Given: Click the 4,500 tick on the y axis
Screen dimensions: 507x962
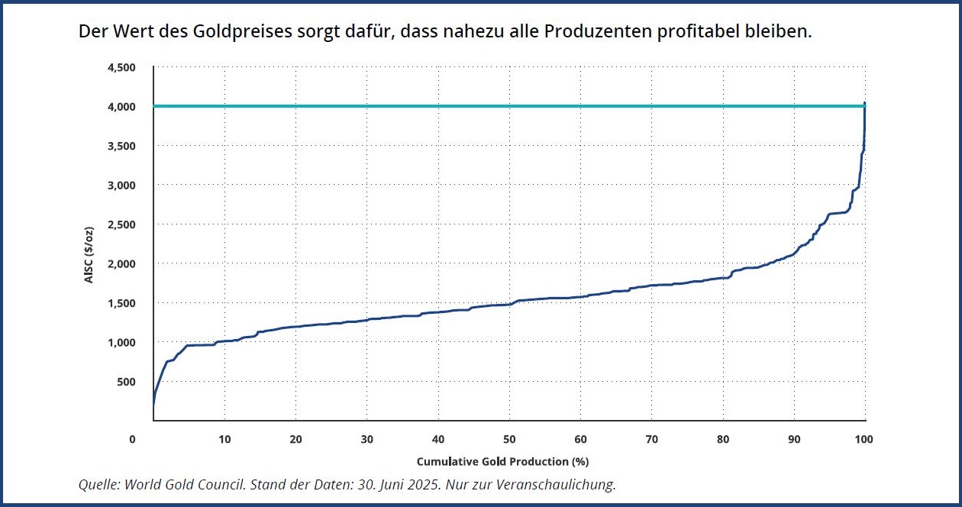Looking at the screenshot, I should click(x=121, y=67).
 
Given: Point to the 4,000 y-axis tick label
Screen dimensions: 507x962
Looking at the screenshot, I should click(x=121, y=106).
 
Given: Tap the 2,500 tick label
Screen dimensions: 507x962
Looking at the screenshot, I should click(x=121, y=224).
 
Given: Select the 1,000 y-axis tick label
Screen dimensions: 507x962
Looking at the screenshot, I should click(x=121, y=342).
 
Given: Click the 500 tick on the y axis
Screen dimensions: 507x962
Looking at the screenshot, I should click(x=125, y=382).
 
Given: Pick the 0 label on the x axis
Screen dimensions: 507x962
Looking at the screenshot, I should click(x=132, y=440).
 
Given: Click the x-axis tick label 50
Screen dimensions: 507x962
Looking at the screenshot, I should click(x=509, y=440).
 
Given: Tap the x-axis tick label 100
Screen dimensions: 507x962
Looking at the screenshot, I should click(x=864, y=440).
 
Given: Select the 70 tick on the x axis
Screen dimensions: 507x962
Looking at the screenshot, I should click(x=651, y=440).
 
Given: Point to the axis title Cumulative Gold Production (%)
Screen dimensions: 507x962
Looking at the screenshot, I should click(x=502, y=462).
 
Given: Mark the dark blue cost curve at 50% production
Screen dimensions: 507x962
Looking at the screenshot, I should click(x=509, y=305).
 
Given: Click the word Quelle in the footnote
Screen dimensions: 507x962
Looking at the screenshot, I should click(x=98, y=485).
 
